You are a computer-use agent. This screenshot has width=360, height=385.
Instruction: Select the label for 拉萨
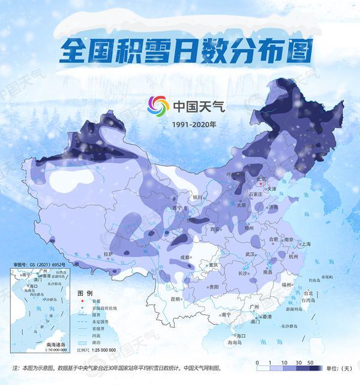pos(109,254)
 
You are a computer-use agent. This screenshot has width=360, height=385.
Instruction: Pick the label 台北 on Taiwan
pos(311,291)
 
